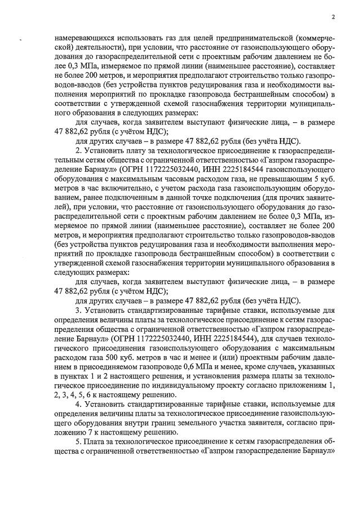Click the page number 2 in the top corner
(333, 17)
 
